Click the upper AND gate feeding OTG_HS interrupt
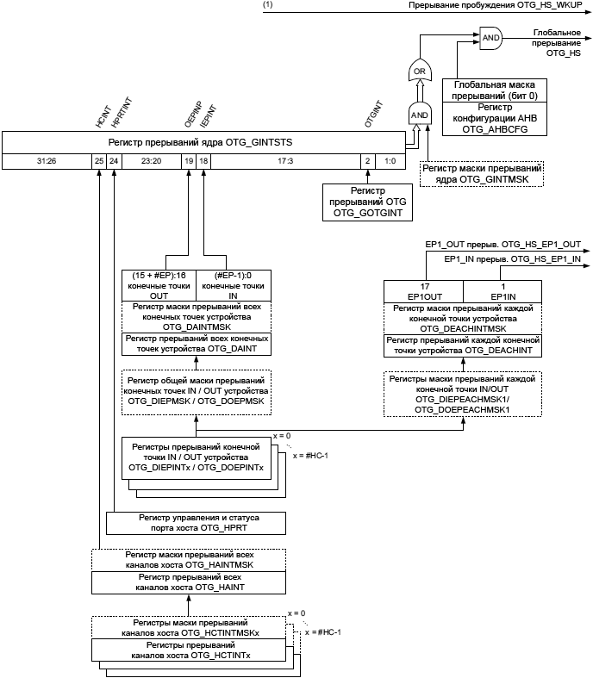490,38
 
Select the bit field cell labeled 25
99,161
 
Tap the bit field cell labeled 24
114,161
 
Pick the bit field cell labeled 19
189,161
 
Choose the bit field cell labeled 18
203,161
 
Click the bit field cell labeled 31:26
47,161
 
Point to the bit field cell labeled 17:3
285,161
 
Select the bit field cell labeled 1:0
390,161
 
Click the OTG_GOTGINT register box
368,201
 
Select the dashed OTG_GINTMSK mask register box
484,176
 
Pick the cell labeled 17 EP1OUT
424,291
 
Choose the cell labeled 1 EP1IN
503,291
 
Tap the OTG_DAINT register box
197,344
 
